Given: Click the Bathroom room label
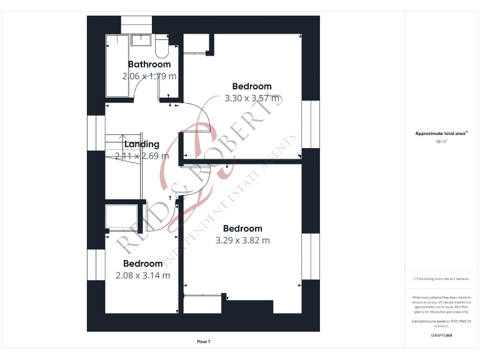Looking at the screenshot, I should tap(149, 64).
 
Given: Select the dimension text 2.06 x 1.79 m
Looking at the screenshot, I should tap(149, 76).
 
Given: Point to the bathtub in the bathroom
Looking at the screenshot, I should tap(117, 66).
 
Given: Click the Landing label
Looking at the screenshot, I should tap(142, 144).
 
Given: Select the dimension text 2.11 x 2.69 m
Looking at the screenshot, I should tap(142, 156).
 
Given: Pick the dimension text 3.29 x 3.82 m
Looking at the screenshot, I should tap(242, 240).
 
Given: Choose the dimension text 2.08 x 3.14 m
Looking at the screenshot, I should tap(142, 275).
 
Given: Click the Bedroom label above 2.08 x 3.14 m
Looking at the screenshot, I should tap(142, 264).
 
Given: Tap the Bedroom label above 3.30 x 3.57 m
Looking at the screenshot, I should tap(252, 87).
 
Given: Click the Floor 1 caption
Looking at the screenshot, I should tap(204, 341).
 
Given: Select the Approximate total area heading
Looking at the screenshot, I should tap(441, 134).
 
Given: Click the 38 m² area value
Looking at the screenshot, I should tap(441, 142).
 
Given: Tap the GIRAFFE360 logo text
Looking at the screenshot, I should tap(441, 336).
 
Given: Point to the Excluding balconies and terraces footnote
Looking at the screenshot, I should tap(441, 279).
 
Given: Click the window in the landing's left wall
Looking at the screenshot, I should tap(96, 132).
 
